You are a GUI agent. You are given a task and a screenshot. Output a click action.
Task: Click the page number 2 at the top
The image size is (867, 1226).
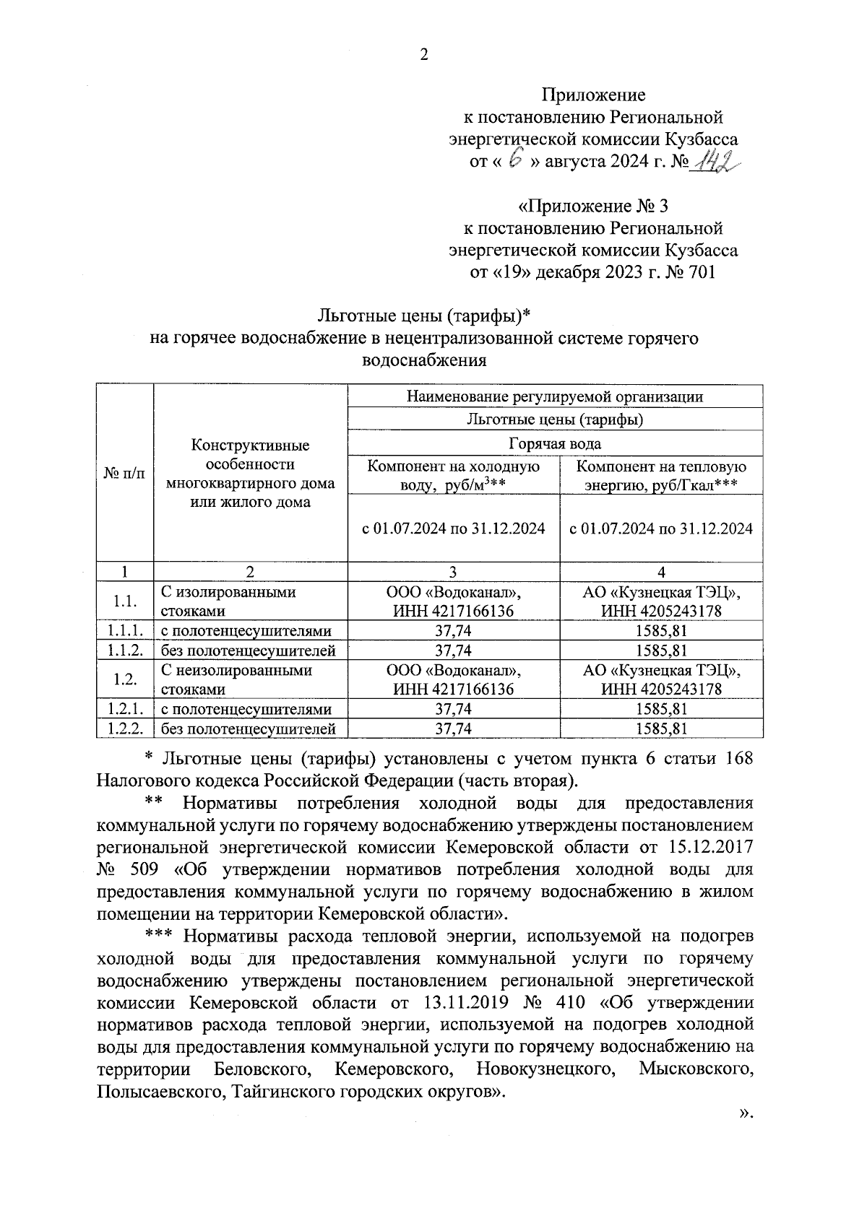coord(424,55)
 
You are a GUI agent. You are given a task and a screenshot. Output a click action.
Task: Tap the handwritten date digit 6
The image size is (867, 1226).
coord(515,161)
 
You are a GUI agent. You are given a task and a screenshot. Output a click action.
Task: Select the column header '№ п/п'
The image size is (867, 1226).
coord(125,473)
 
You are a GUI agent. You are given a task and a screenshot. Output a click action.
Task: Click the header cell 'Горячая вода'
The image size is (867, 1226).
coord(555,443)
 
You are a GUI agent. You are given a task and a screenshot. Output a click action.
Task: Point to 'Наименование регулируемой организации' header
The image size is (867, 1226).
coord(555,396)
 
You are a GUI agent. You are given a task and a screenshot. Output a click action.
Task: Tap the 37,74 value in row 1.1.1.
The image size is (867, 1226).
coord(453,631)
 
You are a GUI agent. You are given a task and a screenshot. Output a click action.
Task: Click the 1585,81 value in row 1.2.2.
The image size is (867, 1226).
coord(661,729)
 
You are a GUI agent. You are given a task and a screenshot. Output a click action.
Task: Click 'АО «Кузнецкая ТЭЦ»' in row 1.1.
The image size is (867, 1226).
coord(661,593)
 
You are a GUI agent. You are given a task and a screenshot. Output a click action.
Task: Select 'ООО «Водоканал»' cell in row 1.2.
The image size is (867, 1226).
coord(453,671)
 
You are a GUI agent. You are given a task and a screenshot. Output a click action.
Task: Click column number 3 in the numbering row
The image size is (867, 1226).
coord(453,572)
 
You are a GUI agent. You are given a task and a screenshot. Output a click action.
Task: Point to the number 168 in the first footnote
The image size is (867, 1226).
coord(738,759)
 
